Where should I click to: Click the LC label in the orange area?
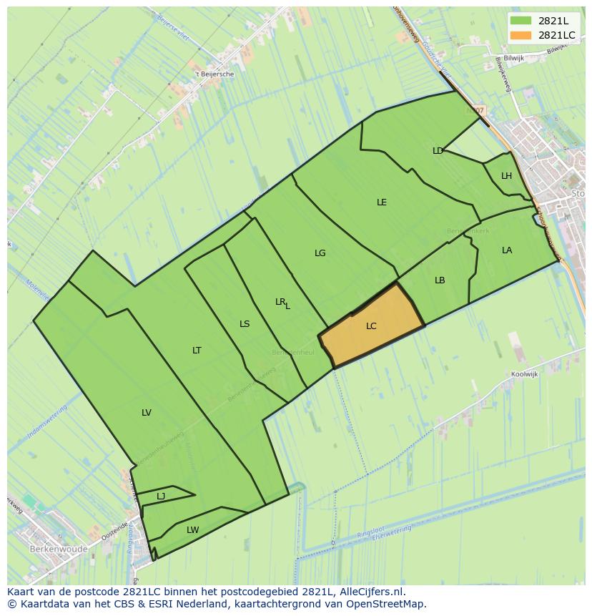371,326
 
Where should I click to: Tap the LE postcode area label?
382,202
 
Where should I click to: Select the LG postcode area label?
320,253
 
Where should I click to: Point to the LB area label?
440,280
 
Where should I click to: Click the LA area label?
507,250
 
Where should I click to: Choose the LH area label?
506,176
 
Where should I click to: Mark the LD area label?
438,151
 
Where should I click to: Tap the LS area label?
245,324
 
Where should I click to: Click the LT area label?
197,351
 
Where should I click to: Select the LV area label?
147,413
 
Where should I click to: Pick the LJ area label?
161,497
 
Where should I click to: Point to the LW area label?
192,530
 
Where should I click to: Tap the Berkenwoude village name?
59,549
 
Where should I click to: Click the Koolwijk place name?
524,374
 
